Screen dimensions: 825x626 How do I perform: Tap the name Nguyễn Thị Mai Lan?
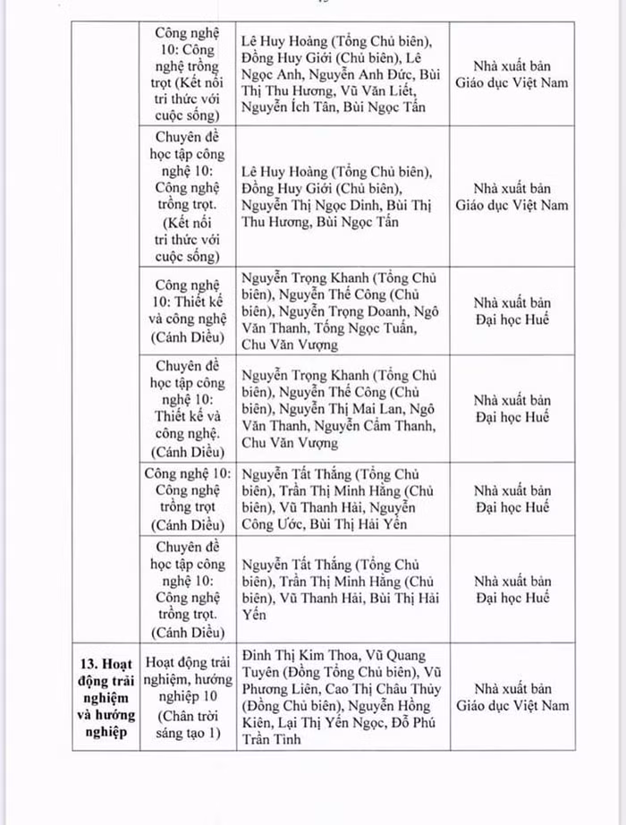click(344, 409)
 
